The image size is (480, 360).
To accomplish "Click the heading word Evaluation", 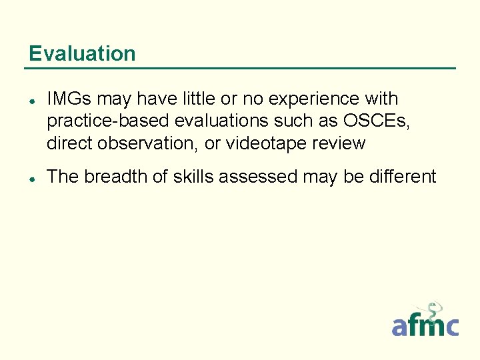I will [82, 53].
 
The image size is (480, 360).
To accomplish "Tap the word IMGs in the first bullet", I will [69, 99].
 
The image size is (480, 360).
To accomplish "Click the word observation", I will [153, 143].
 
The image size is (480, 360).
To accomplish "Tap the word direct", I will [70, 143].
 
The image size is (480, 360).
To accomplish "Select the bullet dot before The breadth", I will [32, 178].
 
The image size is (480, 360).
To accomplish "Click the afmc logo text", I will [425, 326].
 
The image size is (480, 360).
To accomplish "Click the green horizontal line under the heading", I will [240, 68].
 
